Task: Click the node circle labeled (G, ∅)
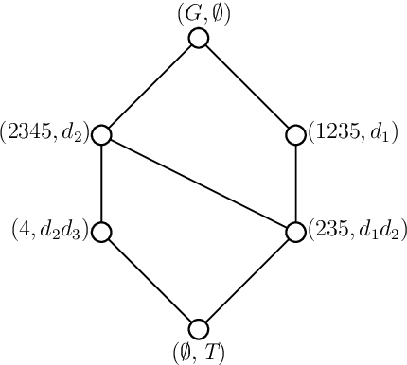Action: pyautogui.click(x=199, y=39)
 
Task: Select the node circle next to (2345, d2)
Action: pyautogui.click(x=102, y=135)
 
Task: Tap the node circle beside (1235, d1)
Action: pyautogui.click(x=295, y=135)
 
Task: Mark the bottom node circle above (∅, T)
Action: pyautogui.click(x=199, y=328)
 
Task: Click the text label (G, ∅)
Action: pyautogui.click(x=198, y=14)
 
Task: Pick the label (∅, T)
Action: pyautogui.click(x=198, y=353)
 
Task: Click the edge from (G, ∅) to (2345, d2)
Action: pyautogui.click(x=150, y=87)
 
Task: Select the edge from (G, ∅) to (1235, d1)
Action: pyautogui.click(x=247, y=87)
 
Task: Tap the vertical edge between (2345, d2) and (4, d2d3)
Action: pyautogui.click(x=102, y=183)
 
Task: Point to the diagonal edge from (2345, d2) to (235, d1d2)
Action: pyautogui.click(x=199, y=183)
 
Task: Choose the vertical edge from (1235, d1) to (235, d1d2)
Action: pyautogui.click(x=295, y=183)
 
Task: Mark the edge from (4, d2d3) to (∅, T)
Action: pyautogui.click(x=150, y=280)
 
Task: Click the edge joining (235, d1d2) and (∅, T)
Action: pyautogui.click(x=247, y=280)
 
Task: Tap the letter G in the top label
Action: pyautogui.click(x=188, y=14)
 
